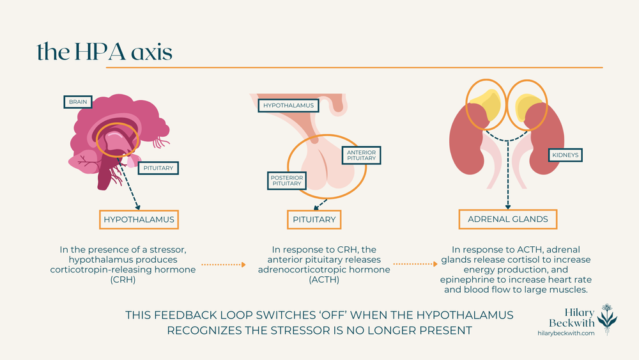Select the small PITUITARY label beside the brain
point(158,168)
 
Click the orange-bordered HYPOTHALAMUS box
point(139,219)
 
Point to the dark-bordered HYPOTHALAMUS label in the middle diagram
point(288,105)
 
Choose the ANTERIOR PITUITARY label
point(361,155)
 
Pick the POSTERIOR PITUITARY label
point(286,180)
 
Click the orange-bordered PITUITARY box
point(314,219)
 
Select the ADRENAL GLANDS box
point(507,219)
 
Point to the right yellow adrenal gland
point(528,107)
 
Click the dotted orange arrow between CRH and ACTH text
point(224,263)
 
